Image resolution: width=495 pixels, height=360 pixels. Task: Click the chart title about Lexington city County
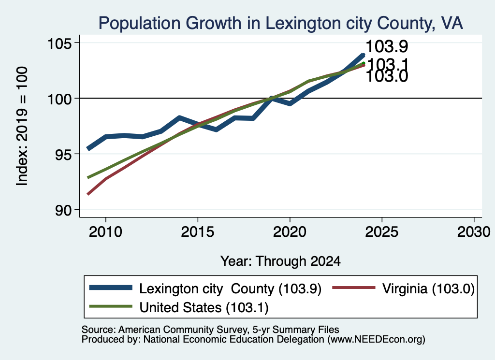tap(281, 23)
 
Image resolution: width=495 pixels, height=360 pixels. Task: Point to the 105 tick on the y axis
tap(59, 43)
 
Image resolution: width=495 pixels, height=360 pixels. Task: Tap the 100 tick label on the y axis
tap(59, 99)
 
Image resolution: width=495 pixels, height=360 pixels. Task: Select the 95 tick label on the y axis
tap(63, 154)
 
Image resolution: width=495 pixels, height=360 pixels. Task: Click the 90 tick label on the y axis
tap(63, 210)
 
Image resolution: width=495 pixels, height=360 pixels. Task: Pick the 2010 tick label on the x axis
tap(105, 232)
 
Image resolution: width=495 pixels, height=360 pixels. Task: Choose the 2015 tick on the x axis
tap(198, 232)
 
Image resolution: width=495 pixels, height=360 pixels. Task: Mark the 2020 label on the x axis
tap(290, 232)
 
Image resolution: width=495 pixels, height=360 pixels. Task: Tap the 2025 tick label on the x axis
tap(382, 232)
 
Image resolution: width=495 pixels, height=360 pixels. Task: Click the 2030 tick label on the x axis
tap(474, 232)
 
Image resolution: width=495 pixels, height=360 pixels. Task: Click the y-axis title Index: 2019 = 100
tap(22, 126)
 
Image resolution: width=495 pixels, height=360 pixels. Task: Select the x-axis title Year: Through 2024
tap(281, 261)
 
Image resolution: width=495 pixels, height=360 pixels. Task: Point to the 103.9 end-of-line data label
tap(387, 46)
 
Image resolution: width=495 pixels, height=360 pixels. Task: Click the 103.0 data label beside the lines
tap(387, 77)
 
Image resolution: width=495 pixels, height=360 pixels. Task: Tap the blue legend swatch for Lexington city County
tap(111, 288)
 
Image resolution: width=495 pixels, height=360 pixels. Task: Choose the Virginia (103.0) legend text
tap(428, 288)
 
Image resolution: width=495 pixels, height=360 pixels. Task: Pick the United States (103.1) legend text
tap(204, 308)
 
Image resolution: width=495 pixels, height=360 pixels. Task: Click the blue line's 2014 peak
tap(179, 118)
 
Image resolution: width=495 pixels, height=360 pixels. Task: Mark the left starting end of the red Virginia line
tap(88, 194)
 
